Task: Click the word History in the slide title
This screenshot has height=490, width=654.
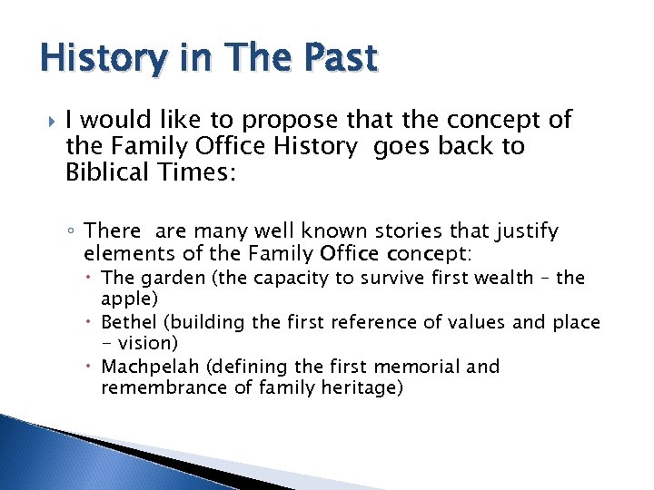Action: tap(93, 58)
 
